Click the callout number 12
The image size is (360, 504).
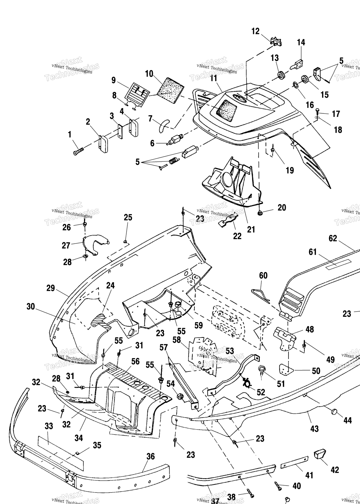click(255, 31)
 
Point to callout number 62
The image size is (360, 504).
click(333, 238)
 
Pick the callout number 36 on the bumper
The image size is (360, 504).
click(151, 456)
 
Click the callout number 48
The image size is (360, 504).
click(310, 329)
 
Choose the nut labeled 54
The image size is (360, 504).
click(179, 397)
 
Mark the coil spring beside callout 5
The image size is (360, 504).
click(174, 161)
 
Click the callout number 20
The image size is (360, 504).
click(282, 208)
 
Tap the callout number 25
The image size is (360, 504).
click(128, 217)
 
